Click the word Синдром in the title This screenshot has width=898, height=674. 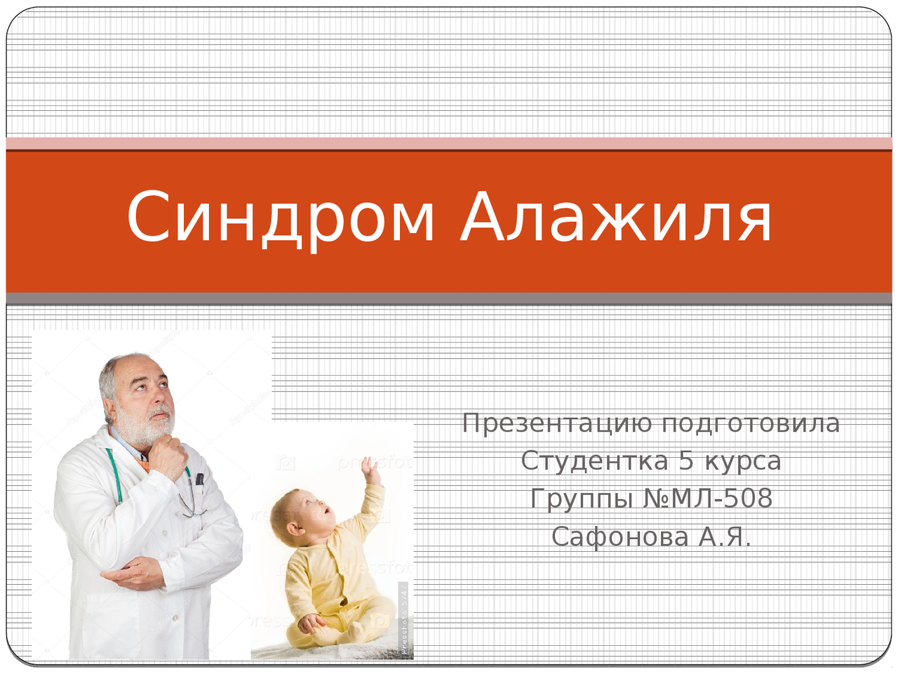[280, 219]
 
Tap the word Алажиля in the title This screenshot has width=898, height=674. [616, 217]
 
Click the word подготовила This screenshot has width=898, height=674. [751, 424]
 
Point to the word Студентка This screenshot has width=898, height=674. [594, 461]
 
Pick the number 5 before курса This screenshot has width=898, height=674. [687, 461]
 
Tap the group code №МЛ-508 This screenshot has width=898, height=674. [708, 498]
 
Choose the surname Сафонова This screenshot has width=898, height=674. [619, 536]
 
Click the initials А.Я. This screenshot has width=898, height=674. [725, 536]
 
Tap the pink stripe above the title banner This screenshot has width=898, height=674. [449, 143]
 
